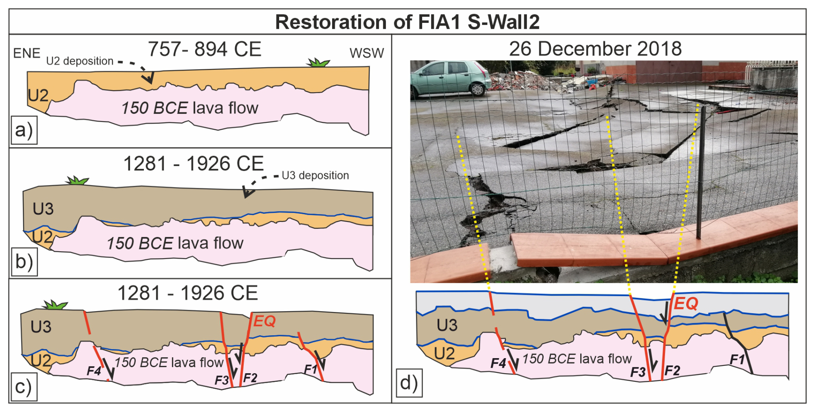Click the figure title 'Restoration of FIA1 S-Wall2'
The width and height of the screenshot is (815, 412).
(407, 22)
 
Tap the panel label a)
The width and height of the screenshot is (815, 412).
(24, 130)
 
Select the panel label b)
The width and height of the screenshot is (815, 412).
(24, 262)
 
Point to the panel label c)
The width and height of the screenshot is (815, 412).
(24, 387)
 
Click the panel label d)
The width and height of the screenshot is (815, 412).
(409, 383)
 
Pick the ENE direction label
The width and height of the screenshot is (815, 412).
(27, 53)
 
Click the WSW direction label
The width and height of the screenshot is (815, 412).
(367, 53)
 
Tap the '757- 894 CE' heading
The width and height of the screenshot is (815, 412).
(204, 49)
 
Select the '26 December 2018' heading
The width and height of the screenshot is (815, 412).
(595, 49)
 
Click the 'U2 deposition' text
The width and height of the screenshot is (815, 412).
(80, 61)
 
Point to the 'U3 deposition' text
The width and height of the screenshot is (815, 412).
(315, 175)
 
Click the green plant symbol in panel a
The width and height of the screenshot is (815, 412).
(318, 63)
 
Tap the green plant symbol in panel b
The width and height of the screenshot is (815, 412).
(77, 180)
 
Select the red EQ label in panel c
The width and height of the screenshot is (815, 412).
(264, 321)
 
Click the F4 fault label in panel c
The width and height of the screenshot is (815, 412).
(94, 370)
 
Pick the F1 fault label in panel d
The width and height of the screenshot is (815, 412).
(737, 359)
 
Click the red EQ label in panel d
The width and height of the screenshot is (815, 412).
(686, 303)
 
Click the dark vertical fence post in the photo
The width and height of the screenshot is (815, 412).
(700, 172)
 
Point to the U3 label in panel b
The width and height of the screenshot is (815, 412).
(43, 209)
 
